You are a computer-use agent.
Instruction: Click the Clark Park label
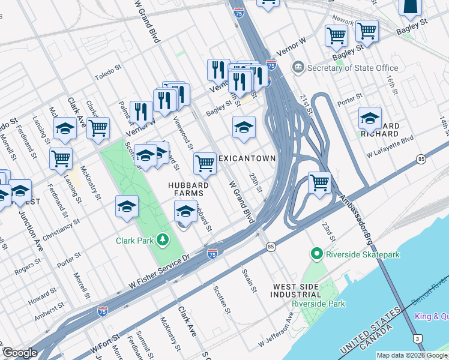tap(136, 241)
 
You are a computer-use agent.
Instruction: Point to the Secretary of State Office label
tap(352, 68)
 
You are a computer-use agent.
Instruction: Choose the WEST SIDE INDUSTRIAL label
tap(297, 290)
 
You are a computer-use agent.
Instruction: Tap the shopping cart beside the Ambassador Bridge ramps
tap(320, 182)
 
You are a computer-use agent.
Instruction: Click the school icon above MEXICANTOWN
tap(244, 127)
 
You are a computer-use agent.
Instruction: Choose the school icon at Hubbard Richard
tap(370, 118)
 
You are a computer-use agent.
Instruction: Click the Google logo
tap(19, 353)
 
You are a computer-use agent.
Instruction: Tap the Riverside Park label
tap(318, 304)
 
